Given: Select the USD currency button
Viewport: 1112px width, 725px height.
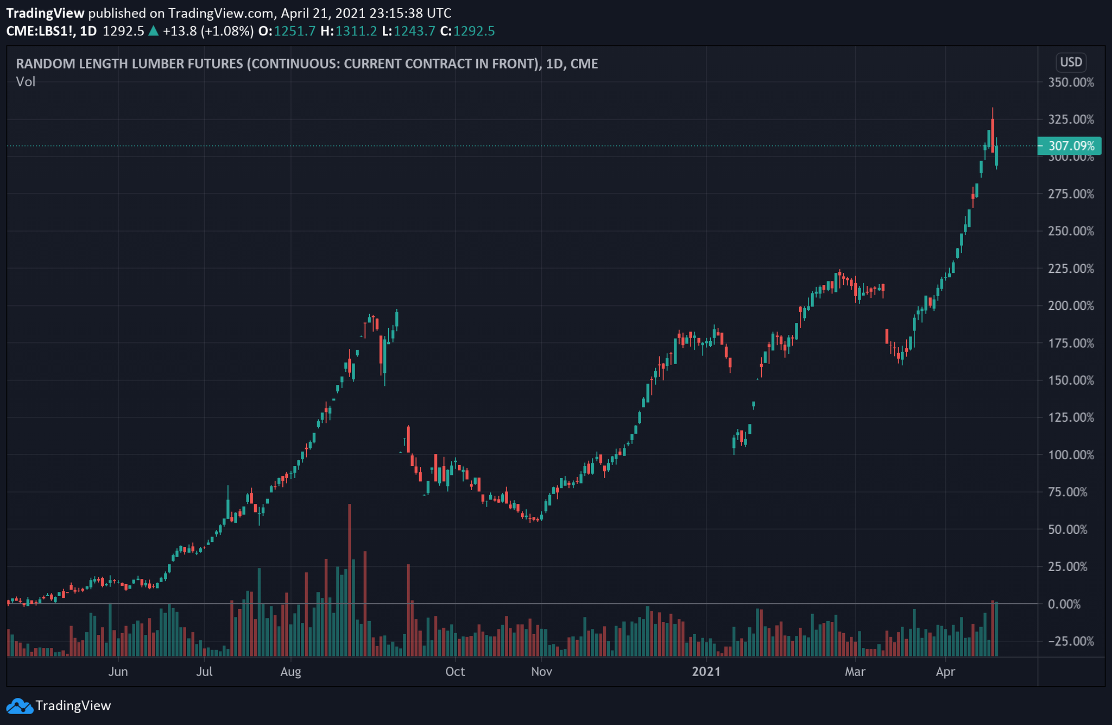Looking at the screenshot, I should pos(1071,62).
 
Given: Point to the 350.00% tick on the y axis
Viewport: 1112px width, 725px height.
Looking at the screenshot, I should pos(1071,83).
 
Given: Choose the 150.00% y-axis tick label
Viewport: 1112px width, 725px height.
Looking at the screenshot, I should pos(1071,380).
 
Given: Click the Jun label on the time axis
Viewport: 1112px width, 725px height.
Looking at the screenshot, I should pos(118,672).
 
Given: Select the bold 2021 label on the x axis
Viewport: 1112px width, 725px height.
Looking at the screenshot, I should pos(706,672).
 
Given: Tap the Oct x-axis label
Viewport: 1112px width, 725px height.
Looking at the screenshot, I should pos(454,672).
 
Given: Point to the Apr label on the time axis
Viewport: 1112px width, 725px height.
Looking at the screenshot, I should pos(945,672).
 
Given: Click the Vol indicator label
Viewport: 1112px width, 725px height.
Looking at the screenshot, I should pos(26,82).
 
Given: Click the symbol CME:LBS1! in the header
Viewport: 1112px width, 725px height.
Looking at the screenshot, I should pos(40,31).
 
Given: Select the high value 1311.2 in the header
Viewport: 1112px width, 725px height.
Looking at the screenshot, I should pos(356,31).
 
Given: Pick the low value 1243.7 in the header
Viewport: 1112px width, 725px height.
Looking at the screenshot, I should pos(414,31).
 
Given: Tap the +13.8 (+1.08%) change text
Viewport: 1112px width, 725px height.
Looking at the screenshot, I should pos(208,31).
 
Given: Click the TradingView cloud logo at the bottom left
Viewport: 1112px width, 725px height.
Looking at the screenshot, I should pos(20,706).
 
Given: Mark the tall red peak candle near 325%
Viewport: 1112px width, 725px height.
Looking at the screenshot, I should pos(993,136).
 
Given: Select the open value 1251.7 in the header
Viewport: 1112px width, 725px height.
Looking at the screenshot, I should pos(294,31).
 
